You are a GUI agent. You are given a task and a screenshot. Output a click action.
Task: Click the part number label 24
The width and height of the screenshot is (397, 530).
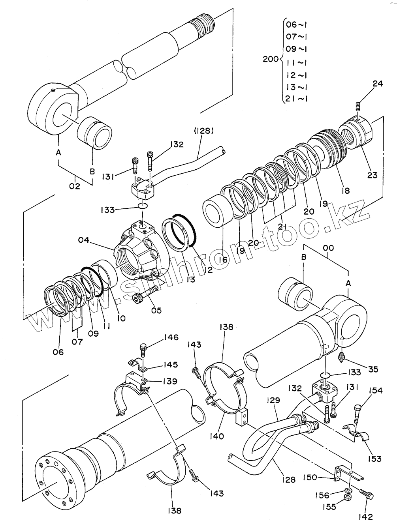(x=378, y=84)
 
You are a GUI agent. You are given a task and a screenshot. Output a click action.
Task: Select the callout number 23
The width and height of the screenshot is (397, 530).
(x=373, y=175)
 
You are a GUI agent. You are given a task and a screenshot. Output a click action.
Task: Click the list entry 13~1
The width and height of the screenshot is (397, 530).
(x=297, y=87)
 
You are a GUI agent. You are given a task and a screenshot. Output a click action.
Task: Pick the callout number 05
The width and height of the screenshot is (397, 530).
(x=156, y=310)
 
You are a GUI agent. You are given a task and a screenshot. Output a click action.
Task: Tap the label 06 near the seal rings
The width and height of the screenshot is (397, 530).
(x=58, y=352)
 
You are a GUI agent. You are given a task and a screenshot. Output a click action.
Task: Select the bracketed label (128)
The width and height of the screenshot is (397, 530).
(x=203, y=131)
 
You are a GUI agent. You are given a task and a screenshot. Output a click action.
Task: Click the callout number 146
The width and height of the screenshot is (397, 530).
(x=170, y=337)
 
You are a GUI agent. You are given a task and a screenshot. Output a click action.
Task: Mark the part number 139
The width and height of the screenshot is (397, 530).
(x=169, y=381)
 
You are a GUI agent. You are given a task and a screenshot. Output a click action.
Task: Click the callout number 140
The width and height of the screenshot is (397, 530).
(x=217, y=436)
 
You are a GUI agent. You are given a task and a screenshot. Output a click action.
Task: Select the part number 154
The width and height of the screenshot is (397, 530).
(x=375, y=390)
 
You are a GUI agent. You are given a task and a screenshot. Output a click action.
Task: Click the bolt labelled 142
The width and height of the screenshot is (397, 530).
(x=367, y=494)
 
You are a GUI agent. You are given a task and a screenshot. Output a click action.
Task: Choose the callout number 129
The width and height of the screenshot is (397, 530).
(x=273, y=400)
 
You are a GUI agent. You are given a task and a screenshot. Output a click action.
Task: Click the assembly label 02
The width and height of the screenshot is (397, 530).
(x=75, y=186)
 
